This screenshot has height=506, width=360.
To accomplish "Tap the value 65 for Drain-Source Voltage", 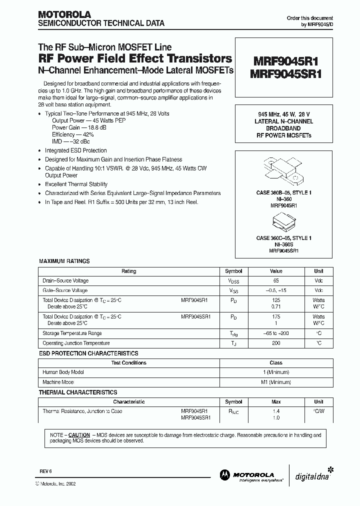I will (x=276, y=281).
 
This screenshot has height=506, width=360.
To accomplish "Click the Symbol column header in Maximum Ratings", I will (x=233, y=271).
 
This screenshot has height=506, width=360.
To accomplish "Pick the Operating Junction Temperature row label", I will (x=76, y=343).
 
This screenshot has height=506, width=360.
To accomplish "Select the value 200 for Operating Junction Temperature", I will (x=276, y=343).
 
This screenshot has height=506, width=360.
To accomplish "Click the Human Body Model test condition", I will (x=63, y=372).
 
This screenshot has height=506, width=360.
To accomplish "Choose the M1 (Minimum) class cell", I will (x=276, y=381).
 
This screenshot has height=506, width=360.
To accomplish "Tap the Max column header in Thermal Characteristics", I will (x=276, y=401).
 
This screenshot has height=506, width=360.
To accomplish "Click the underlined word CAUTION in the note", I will (x=79, y=435).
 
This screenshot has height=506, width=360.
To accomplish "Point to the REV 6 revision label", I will (x=45, y=471).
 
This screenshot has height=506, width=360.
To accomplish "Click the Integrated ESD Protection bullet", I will (x=76, y=150).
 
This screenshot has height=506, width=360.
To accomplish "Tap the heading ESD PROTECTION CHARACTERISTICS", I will (x=88, y=353).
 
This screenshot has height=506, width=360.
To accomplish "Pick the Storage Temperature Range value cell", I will (x=276, y=333).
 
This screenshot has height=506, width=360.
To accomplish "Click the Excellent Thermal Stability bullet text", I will (x=76, y=184).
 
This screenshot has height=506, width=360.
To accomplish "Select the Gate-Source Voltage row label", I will (x=65, y=290).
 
